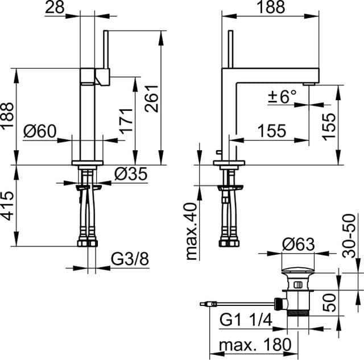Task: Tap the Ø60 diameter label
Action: click(41, 132)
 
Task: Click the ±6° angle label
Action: click(282, 97)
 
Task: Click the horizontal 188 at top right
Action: click(272, 7)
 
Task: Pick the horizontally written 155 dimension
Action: click(271, 131)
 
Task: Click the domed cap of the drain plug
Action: click(298, 268)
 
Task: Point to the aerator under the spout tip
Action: click(309, 84)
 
